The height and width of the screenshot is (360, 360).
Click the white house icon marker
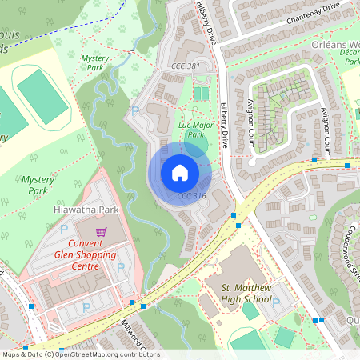180,172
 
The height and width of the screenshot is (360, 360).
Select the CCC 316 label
191,196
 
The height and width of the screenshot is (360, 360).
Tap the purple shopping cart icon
101,232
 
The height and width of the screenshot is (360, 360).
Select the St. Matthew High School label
246,294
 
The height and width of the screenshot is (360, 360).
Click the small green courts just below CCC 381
200,94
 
